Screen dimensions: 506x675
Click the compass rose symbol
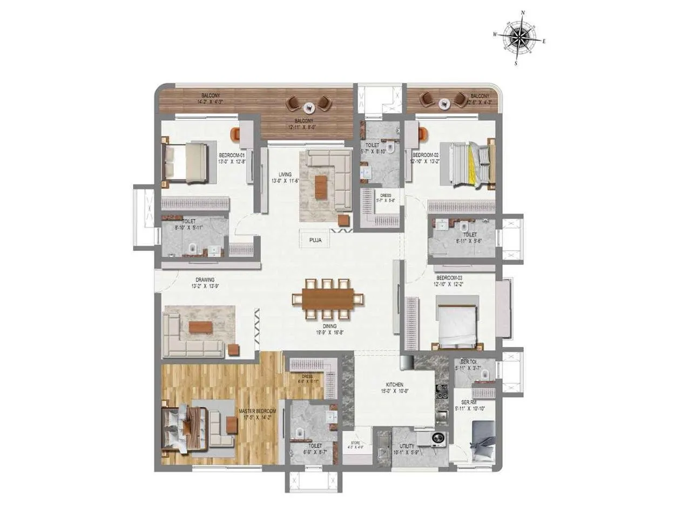click(519, 37)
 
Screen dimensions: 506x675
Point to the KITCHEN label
click(395, 384)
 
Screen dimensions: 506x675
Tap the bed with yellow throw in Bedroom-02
click(468, 163)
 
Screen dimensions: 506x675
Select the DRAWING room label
click(205, 279)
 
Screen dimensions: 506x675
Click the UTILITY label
click(407, 446)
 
